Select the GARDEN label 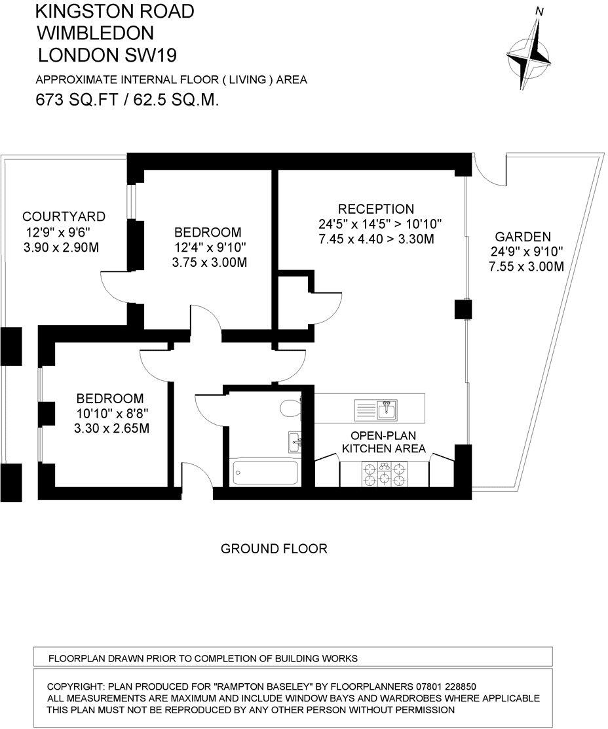coord(522,237)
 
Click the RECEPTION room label coord(376,209)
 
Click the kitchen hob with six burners coord(384,473)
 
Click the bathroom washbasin coord(294,441)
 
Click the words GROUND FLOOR coord(274,548)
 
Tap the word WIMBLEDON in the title coord(96,32)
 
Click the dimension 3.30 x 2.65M coord(110,429)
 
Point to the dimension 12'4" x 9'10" coord(208,248)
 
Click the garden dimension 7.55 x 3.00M coord(526,267)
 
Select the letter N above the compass coord(540,11)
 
